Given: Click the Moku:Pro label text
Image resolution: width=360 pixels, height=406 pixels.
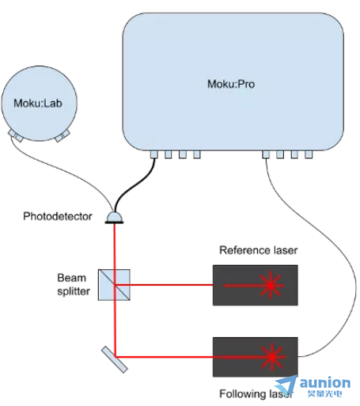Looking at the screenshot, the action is coord(231,84).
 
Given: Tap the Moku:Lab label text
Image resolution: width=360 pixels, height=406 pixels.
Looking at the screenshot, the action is coord(38,103).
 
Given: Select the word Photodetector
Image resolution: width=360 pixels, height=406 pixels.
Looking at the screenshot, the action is coord(58,216).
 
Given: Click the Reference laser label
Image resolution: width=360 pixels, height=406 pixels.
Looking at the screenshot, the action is coord(259,250).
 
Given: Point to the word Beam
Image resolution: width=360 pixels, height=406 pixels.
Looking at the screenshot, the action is coord(72,278).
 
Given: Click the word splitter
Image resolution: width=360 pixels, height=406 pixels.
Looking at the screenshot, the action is coord(74,291).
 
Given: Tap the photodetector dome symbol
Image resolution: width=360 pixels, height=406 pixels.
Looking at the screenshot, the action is coord(114,217).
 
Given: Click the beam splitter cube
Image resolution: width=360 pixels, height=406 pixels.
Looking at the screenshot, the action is coord(114,285).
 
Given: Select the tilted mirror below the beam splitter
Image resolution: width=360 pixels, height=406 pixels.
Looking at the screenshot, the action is coord(115,359).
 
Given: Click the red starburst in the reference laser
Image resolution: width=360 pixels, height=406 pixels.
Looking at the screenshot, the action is coord(271,285).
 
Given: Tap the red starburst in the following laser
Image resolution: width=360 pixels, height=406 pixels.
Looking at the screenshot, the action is coord(272,357).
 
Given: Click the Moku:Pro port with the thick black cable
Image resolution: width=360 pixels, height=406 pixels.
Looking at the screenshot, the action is coord(154,154).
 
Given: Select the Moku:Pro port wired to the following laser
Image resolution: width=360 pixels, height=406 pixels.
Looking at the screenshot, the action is coord(266,154).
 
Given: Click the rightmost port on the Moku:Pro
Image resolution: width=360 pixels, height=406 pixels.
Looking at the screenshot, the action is coord(309,154).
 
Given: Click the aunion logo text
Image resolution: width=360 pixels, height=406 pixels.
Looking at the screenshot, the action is coord(325,383).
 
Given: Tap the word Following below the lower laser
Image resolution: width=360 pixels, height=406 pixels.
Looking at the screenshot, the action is coord(243,394).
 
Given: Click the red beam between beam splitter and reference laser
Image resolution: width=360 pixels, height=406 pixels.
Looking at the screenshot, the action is coord(164,285).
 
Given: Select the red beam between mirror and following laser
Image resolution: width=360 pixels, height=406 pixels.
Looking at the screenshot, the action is coord(164,357).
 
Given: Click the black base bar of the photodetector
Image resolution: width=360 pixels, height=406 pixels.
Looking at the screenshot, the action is coord(114,222).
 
